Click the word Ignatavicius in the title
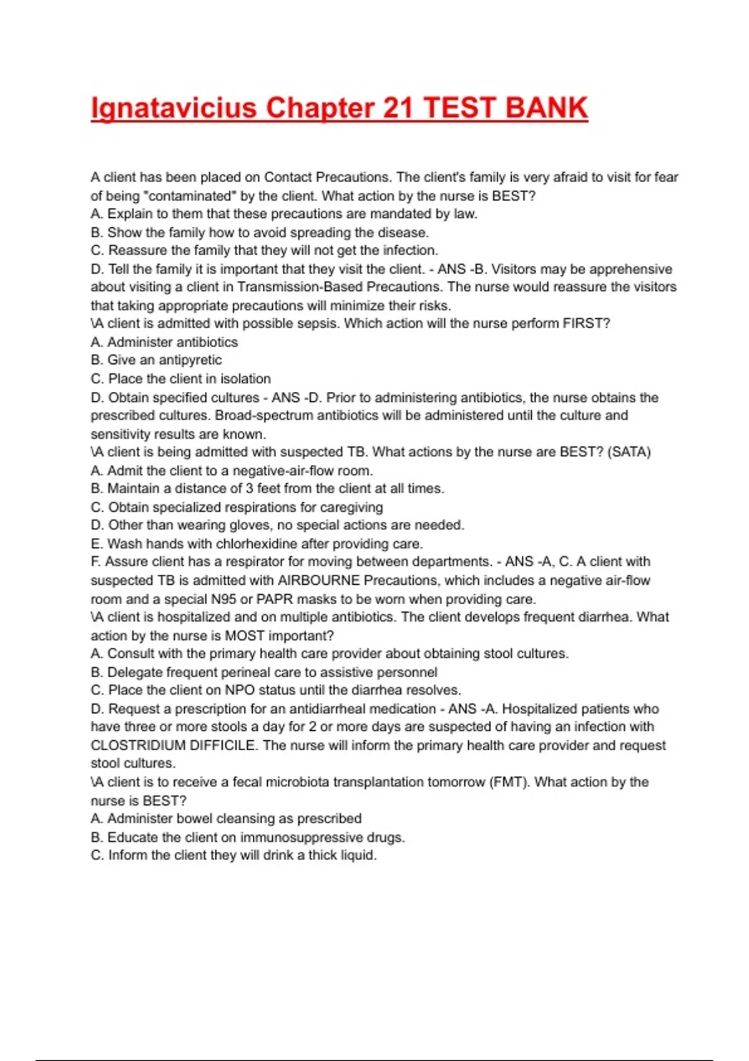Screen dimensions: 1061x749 click(174, 109)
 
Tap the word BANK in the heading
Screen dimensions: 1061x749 click(546, 107)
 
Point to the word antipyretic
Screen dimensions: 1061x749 click(190, 360)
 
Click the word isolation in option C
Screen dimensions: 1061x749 click(245, 379)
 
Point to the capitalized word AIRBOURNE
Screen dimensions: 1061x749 click(319, 580)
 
